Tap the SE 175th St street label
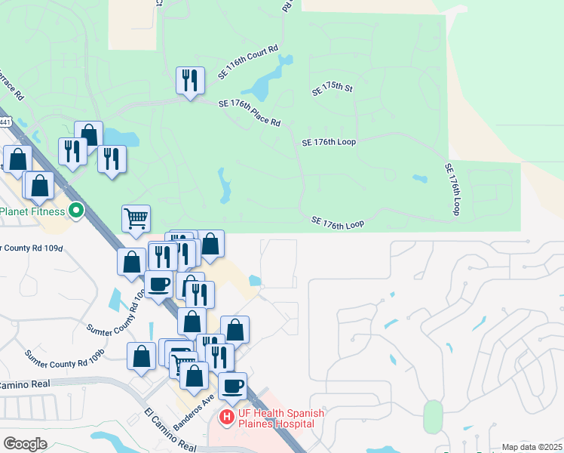pos(333,89)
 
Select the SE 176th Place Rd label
pos(249,113)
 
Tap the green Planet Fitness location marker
pos(75,210)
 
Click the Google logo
pos(25,444)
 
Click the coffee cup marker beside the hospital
pos(232,385)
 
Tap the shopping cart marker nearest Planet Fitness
pos(136,218)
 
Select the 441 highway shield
pos(5,121)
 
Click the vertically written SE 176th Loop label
pos(452,190)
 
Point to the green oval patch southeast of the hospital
pos(432,416)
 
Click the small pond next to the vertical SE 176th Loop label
pos(420,179)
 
